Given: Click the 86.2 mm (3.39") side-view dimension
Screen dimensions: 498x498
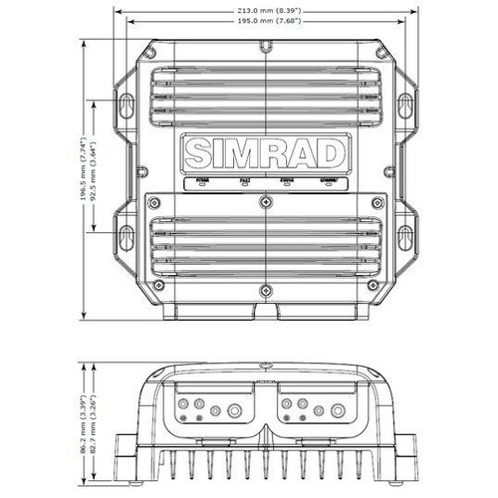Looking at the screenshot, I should tap(82, 409).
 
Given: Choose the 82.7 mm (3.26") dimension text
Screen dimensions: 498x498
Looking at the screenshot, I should tap(96, 409).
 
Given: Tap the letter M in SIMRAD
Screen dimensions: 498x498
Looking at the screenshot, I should tap(241, 154).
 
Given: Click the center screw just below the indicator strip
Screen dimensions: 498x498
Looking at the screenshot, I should tap(265, 201).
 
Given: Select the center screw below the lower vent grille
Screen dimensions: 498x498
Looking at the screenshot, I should tap(265, 292).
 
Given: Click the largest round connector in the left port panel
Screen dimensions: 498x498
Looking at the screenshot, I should tap(235, 409).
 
